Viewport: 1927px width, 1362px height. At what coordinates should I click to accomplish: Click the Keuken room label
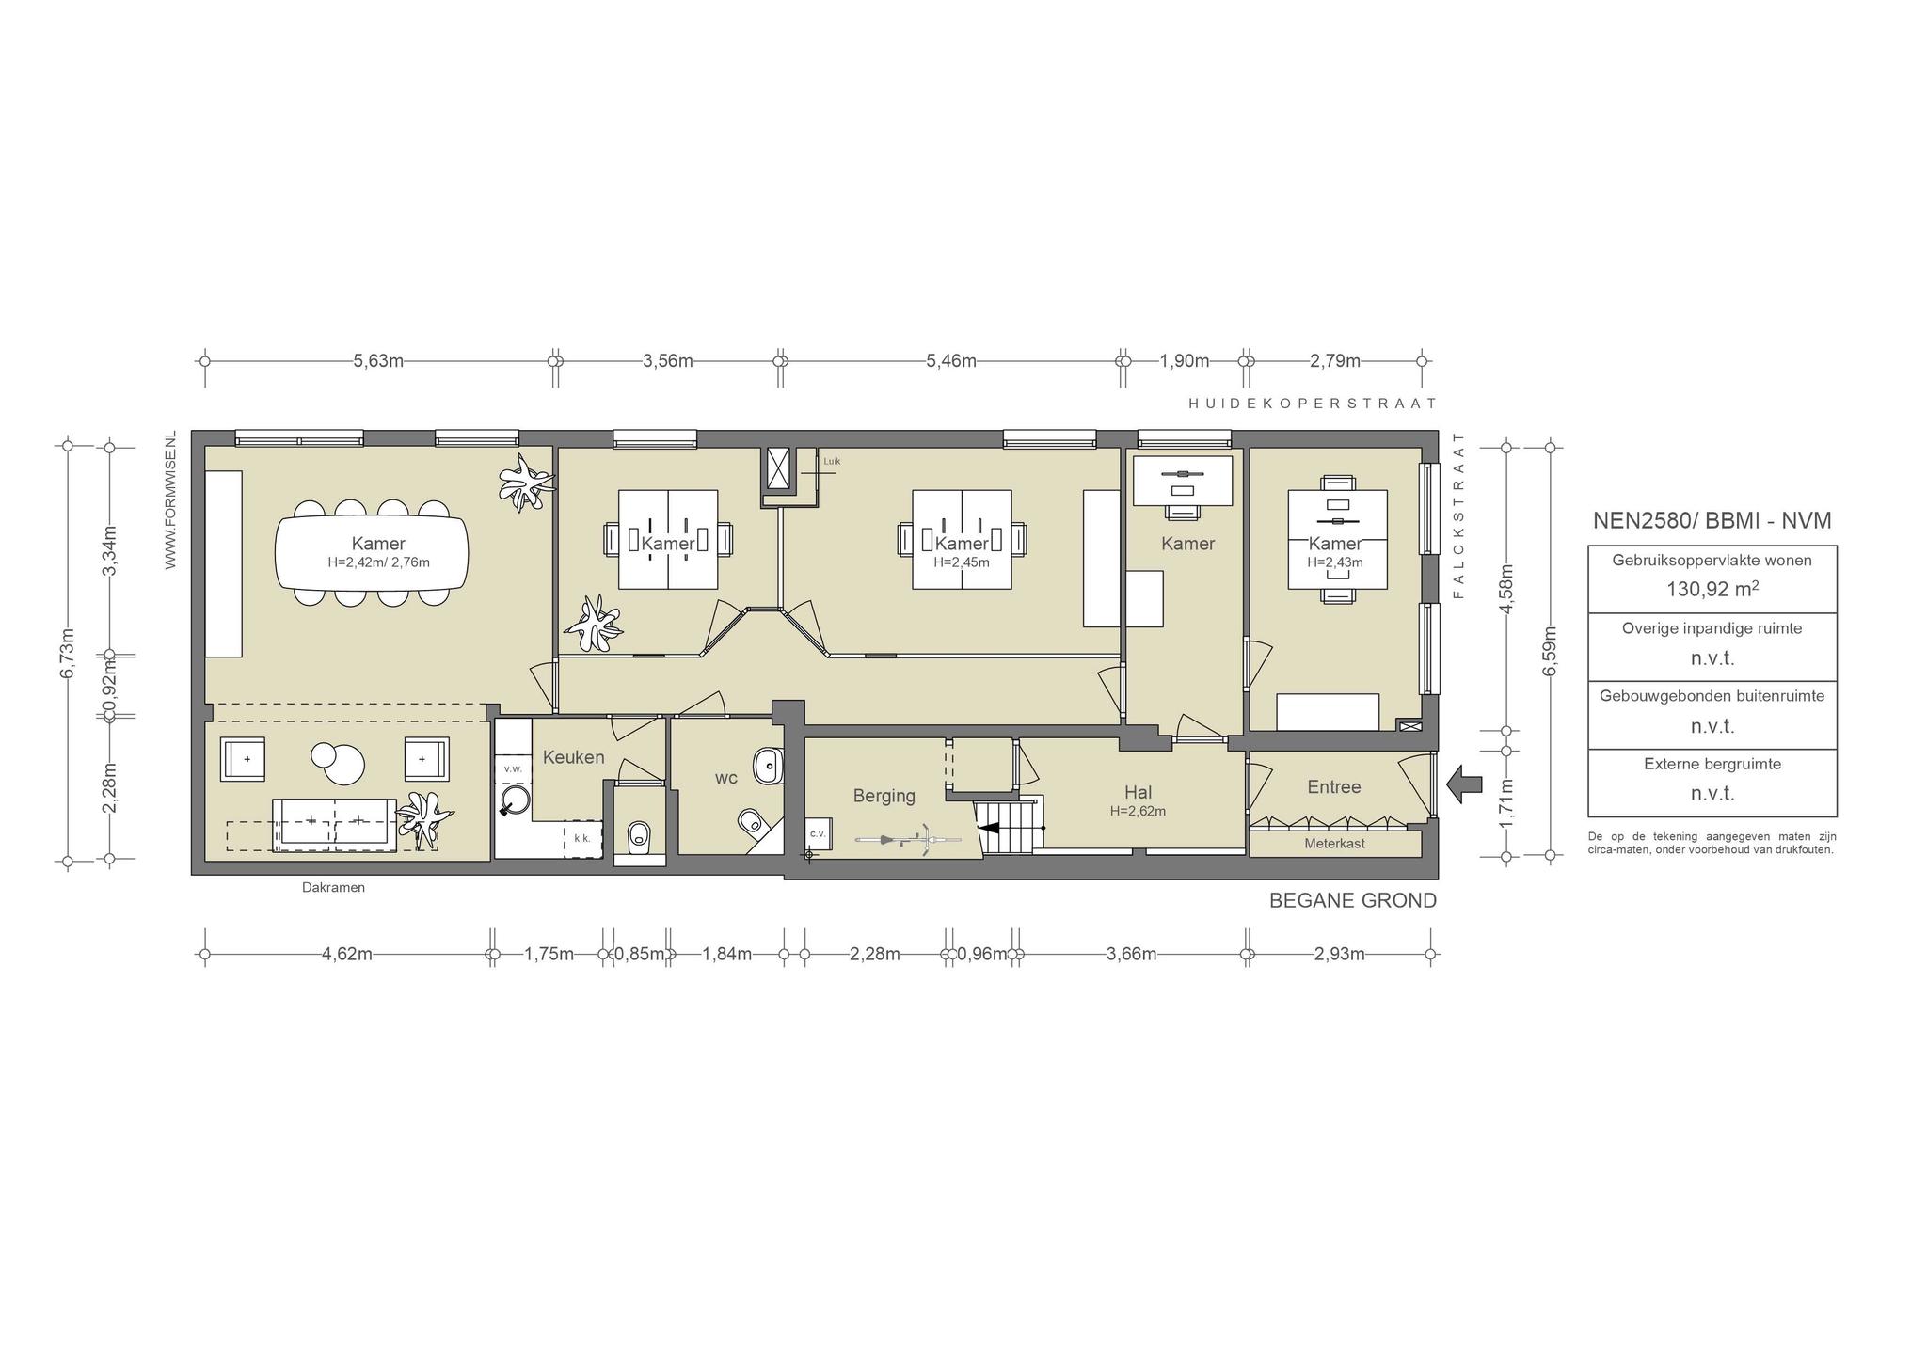point(573,757)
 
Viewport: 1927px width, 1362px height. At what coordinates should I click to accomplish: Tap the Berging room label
point(884,796)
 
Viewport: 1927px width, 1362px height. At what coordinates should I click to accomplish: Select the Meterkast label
point(1334,844)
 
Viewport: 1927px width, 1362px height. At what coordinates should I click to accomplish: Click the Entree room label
point(1333,787)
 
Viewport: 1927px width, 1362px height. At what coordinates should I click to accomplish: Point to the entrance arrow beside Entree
point(1464,784)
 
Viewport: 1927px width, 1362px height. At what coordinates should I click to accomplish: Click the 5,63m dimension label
point(378,361)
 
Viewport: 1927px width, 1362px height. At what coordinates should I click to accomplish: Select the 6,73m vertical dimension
point(67,653)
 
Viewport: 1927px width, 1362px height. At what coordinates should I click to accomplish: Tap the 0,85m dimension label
point(639,954)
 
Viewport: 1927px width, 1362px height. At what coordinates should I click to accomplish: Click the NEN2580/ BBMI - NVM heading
point(1712,521)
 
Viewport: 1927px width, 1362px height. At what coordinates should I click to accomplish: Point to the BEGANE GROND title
point(1353,900)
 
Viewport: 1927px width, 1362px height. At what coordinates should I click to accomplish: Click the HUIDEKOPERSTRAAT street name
point(1313,403)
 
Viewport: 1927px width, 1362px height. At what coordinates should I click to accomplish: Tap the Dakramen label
point(333,887)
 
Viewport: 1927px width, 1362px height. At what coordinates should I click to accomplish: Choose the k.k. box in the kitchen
point(582,838)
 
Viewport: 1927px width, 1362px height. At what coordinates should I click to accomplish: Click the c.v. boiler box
point(817,833)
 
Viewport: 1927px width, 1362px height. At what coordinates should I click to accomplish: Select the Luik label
point(831,462)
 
